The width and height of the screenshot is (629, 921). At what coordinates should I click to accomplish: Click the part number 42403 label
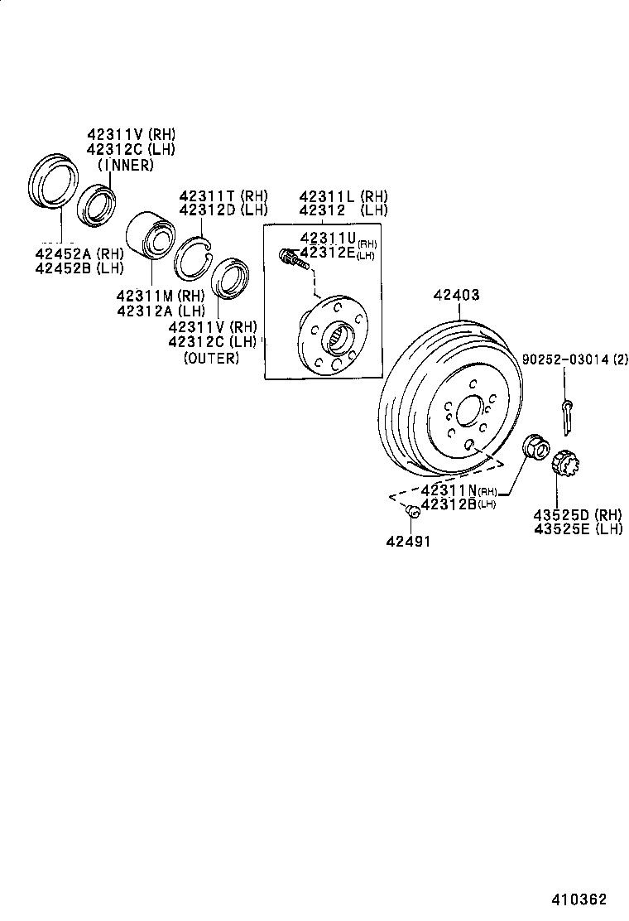(456, 295)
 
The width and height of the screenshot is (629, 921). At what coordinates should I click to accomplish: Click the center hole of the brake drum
(469, 411)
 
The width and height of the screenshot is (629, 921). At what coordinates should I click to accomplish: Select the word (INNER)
(126, 165)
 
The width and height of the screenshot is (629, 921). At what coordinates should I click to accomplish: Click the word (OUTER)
(211, 358)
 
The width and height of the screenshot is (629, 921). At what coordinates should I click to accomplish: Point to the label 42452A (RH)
(79, 253)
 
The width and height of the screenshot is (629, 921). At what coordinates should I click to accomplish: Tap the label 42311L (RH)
(343, 196)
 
